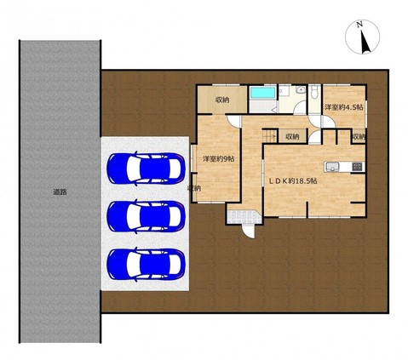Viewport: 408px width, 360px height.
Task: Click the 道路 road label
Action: [x=60, y=192]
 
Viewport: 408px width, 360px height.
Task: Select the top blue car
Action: [x=146, y=169]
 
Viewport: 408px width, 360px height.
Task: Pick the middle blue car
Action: [x=146, y=216]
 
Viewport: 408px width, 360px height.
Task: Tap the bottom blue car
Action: [x=146, y=265]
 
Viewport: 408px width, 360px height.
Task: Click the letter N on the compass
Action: [x=359, y=25]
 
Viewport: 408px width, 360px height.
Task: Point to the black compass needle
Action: [x=365, y=42]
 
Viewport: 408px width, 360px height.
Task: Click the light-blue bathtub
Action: [x=262, y=93]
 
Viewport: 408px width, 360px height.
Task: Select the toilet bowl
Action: [x=313, y=93]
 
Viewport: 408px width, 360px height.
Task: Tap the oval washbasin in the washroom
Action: [x=300, y=90]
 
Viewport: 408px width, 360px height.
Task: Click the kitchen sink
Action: [x=330, y=167]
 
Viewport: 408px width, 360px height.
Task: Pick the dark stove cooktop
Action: [x=357, y=167]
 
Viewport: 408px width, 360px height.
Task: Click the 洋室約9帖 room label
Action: [x=218, y=159]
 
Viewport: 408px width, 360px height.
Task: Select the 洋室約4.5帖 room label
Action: [x=344, y=107]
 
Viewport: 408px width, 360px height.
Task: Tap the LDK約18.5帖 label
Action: [x=293, y=181]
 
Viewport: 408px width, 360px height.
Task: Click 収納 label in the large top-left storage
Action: [x=222, y=100]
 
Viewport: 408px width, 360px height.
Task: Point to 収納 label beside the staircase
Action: [x=292, y=137]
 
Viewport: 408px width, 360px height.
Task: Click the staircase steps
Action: [x=270, y=135]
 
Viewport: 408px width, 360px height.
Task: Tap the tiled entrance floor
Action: [x=244, y=217]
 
